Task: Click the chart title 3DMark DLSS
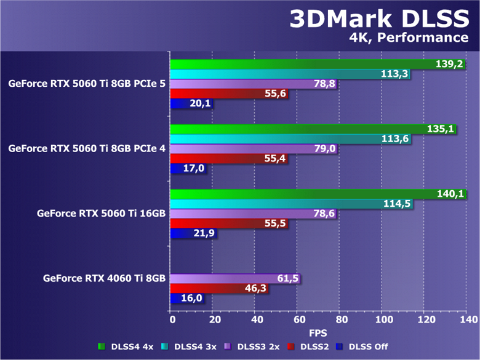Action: (x=378, y=19)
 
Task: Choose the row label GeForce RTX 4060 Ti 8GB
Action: (x=104, y=278)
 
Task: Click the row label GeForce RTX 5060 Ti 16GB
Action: (x=101, y=214)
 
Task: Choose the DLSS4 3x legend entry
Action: (x=193, y=346)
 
